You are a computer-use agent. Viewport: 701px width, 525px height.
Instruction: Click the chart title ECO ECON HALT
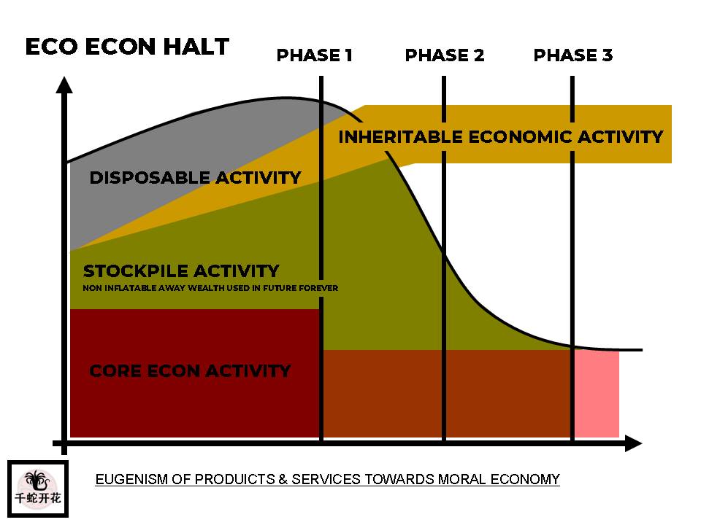coord(127,47)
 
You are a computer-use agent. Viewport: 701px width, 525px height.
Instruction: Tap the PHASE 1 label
coord(315,55)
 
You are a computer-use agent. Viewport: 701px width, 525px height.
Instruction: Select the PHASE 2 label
coord(445,55)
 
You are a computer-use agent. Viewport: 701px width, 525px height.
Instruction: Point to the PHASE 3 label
coord(573,55)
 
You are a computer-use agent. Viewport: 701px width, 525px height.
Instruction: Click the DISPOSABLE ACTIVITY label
coord(196,178)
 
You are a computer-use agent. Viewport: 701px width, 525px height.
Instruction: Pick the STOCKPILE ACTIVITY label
coord(181,271)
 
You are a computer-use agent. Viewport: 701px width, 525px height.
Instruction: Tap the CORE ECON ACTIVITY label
coord(190,371)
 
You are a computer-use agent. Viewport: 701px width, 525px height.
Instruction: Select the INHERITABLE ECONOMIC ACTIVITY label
coord(501,136)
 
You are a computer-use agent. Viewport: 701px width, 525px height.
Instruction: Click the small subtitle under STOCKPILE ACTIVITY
coord(210,288)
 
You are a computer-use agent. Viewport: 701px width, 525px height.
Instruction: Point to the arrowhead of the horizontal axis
coord(634,443)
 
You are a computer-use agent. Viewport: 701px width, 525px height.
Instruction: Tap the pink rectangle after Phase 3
coord(597,394)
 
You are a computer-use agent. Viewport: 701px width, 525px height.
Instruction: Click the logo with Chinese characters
coord(38,489)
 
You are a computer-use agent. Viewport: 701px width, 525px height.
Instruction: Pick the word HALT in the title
coord(196,47)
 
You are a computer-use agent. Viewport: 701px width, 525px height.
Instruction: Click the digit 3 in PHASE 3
coord(607,55)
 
